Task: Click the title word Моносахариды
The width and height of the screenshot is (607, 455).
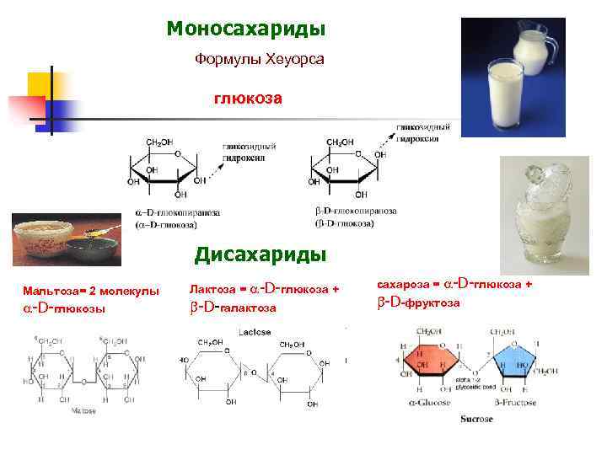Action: coord(245,29)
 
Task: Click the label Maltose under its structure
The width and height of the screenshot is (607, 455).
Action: coord(82,410)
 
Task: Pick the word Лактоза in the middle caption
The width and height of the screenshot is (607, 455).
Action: coord(213,290)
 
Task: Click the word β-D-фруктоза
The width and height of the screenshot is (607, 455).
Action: coord(418,302)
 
